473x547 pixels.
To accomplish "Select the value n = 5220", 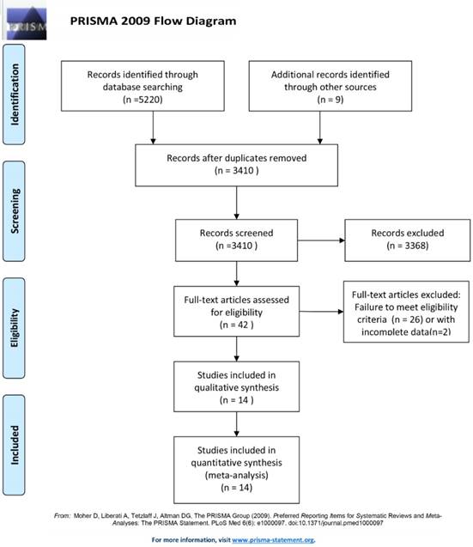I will pyautogui.click(x=153, y=99).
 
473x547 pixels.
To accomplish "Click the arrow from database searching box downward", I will pyautogui.click(x=153, y=128).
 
